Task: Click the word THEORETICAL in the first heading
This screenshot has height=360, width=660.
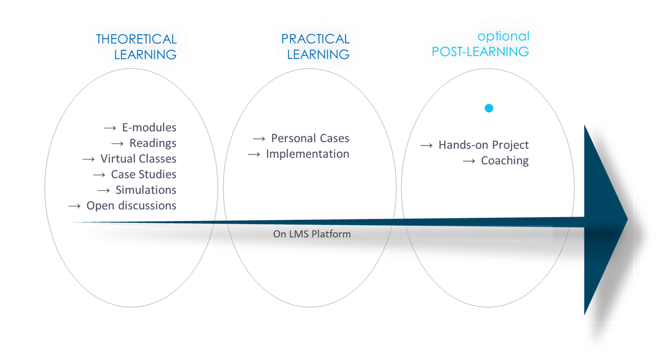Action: [136, 39]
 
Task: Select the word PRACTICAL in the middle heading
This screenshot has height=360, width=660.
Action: [315, 39]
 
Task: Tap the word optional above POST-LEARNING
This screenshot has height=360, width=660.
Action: [503, 36]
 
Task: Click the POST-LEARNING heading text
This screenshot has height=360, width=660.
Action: [480, 52]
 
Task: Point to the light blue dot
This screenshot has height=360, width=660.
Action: [489, 108]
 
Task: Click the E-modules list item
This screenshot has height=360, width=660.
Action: [149, 127]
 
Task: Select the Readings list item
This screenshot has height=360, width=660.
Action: [153, 143]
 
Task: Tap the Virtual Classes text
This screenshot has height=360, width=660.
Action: [138, 159]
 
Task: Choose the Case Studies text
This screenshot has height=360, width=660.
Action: [143, 174]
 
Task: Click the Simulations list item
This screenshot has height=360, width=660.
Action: [146, 190]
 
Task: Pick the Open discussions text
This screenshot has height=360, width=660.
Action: [131, 206]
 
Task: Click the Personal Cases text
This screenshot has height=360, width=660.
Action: [310, 138]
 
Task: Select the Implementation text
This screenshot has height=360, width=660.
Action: [307, 154]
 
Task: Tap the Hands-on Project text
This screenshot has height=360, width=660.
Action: [483, 145]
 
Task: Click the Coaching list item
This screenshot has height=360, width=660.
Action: [505, 160]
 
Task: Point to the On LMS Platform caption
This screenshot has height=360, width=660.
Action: [312, 234]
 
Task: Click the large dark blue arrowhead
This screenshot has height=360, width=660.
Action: [602, 219]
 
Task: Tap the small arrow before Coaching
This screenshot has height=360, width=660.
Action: [469, 161]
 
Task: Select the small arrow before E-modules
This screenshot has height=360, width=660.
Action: [110, 128]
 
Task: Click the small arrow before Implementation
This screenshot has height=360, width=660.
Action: [254, 154]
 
